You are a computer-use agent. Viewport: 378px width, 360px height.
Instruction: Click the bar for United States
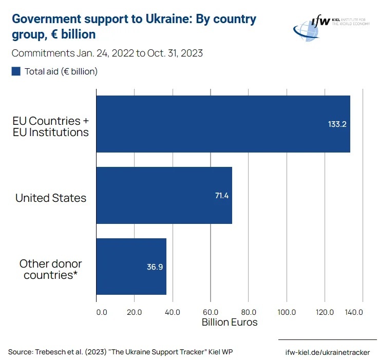click(164, 195)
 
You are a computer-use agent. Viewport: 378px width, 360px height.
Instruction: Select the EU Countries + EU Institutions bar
click(223, 124)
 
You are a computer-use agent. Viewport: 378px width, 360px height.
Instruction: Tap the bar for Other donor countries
click(131, 266)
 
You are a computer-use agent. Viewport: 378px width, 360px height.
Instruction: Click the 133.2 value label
click(337, 124)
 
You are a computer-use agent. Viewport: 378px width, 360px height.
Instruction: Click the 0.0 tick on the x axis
click(101, 312)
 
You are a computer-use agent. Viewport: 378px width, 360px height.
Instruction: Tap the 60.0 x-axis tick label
click(210, 312)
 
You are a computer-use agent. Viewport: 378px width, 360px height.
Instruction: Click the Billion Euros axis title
click(229, 323)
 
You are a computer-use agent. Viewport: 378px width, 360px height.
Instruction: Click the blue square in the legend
click(16, 71)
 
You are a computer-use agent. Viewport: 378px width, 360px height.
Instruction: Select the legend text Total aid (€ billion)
click(61, 71)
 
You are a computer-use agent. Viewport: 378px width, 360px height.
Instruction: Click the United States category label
click(51, 198)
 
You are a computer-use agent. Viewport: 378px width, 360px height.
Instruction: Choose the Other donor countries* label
click(51, 269)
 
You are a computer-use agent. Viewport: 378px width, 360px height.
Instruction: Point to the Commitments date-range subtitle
click(107, 53)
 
